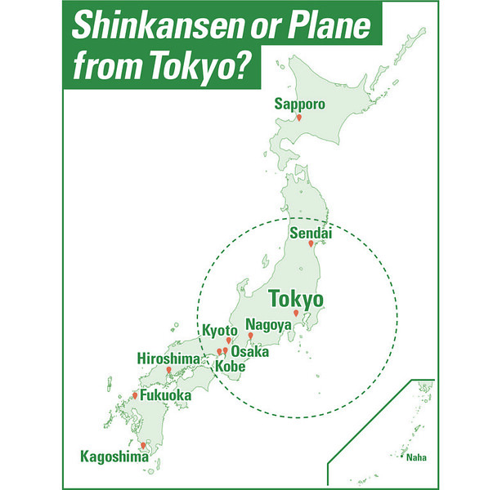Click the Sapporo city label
pos(300,105)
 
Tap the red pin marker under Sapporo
pos(299,119)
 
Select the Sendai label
pos(311,233)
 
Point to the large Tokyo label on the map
pos(296,297)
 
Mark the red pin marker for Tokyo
pos(296,314)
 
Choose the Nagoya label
pos(268,324)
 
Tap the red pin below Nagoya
pos(250,336)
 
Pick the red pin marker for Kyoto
pos(229,341)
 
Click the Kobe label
pos(230,366)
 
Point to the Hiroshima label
pos(168,359)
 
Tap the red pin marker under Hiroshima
pos(169,370)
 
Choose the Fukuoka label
pos(166,396)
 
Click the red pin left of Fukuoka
pos(136,395)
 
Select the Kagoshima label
pos(114,457)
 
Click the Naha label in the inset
pos(416,457)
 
